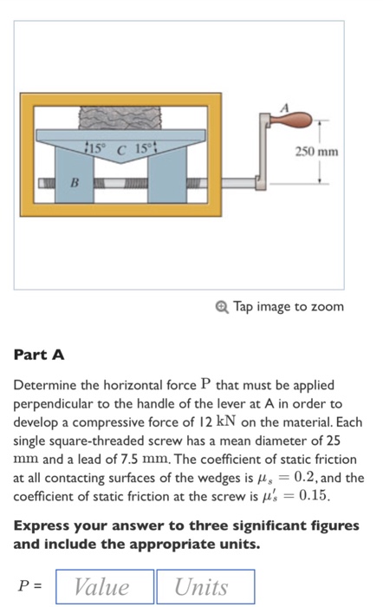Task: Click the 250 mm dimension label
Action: click(x=316, y=151)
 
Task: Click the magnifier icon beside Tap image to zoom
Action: click(x=222, y=307)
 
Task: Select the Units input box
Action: click(x=204, y=586)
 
